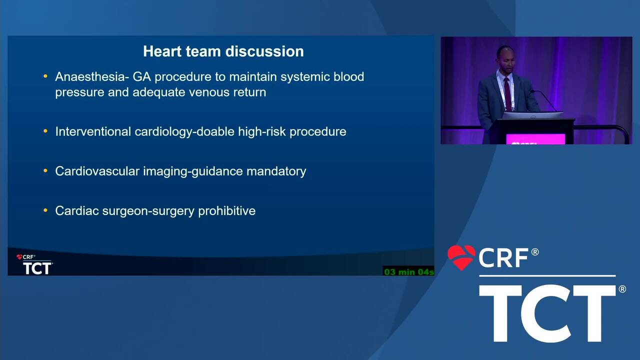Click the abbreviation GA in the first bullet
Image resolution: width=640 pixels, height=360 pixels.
(141, 76)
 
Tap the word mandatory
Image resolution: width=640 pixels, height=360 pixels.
(276, 171)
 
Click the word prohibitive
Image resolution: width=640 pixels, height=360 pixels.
(227, 211)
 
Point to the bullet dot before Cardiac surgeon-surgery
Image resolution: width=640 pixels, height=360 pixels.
(45, 210)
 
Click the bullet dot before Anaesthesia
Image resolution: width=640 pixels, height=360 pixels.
(45, 76)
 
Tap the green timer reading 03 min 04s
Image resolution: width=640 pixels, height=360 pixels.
(409, 271)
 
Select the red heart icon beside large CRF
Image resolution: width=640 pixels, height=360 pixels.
(461, 257)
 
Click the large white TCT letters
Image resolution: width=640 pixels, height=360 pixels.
(547, 313)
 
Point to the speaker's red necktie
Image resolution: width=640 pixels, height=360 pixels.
(507, 94)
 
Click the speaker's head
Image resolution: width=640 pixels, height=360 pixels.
(504, 58)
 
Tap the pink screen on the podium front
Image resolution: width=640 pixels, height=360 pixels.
(535, 139)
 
